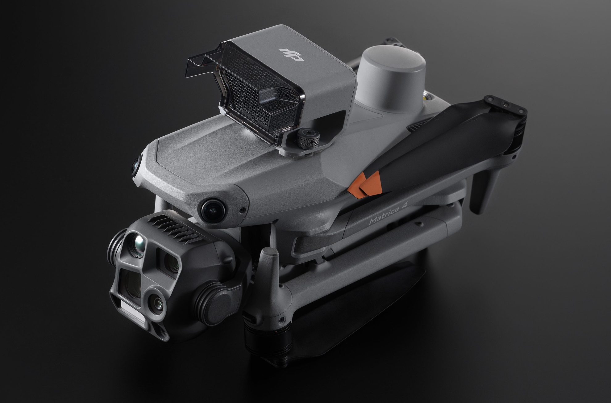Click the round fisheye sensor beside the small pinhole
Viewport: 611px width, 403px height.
point(213,209)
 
